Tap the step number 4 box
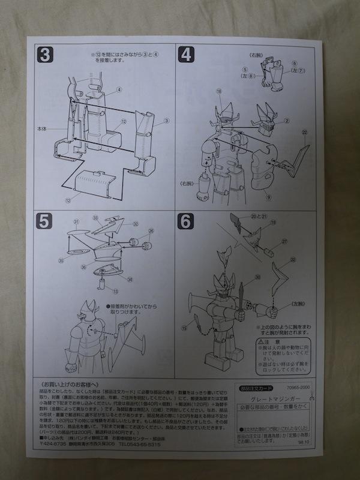[187, 55]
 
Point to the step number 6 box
[187, 221]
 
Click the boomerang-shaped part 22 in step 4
[299, 157]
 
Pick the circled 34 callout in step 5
[130, 280]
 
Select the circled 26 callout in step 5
[151, 230]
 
